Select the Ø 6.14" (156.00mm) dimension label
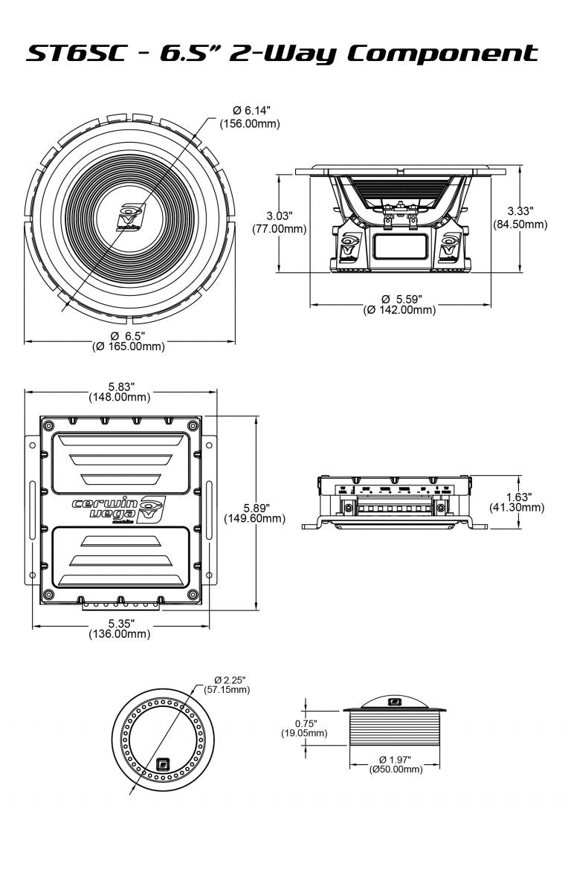[249, 117]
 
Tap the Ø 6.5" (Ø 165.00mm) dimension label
[128, 341]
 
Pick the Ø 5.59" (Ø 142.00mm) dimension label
[399, 304]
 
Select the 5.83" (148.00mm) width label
[121, 392]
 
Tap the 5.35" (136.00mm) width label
[120, 628]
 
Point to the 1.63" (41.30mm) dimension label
[517, 502]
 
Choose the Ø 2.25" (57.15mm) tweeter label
[228, 685]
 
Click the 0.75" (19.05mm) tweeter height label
[304, 728]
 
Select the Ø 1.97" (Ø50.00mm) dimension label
[396, 764]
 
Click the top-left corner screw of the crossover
[49, 425]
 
